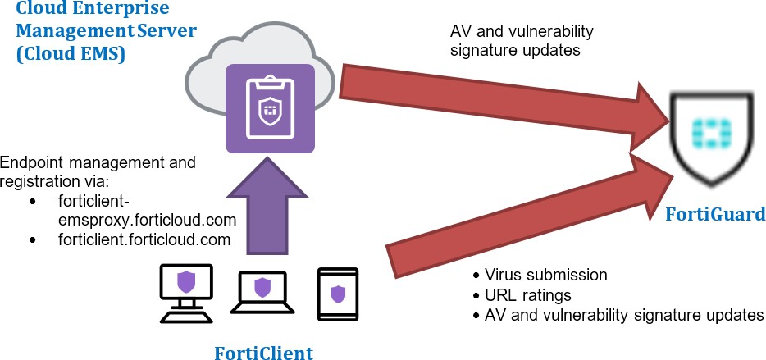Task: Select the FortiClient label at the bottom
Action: coord(263,353)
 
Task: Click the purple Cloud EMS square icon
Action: coord(269,109)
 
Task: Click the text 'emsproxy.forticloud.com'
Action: coord(142,220)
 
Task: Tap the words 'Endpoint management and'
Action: coord(98,162)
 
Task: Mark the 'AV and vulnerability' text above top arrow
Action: coord(522,31)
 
